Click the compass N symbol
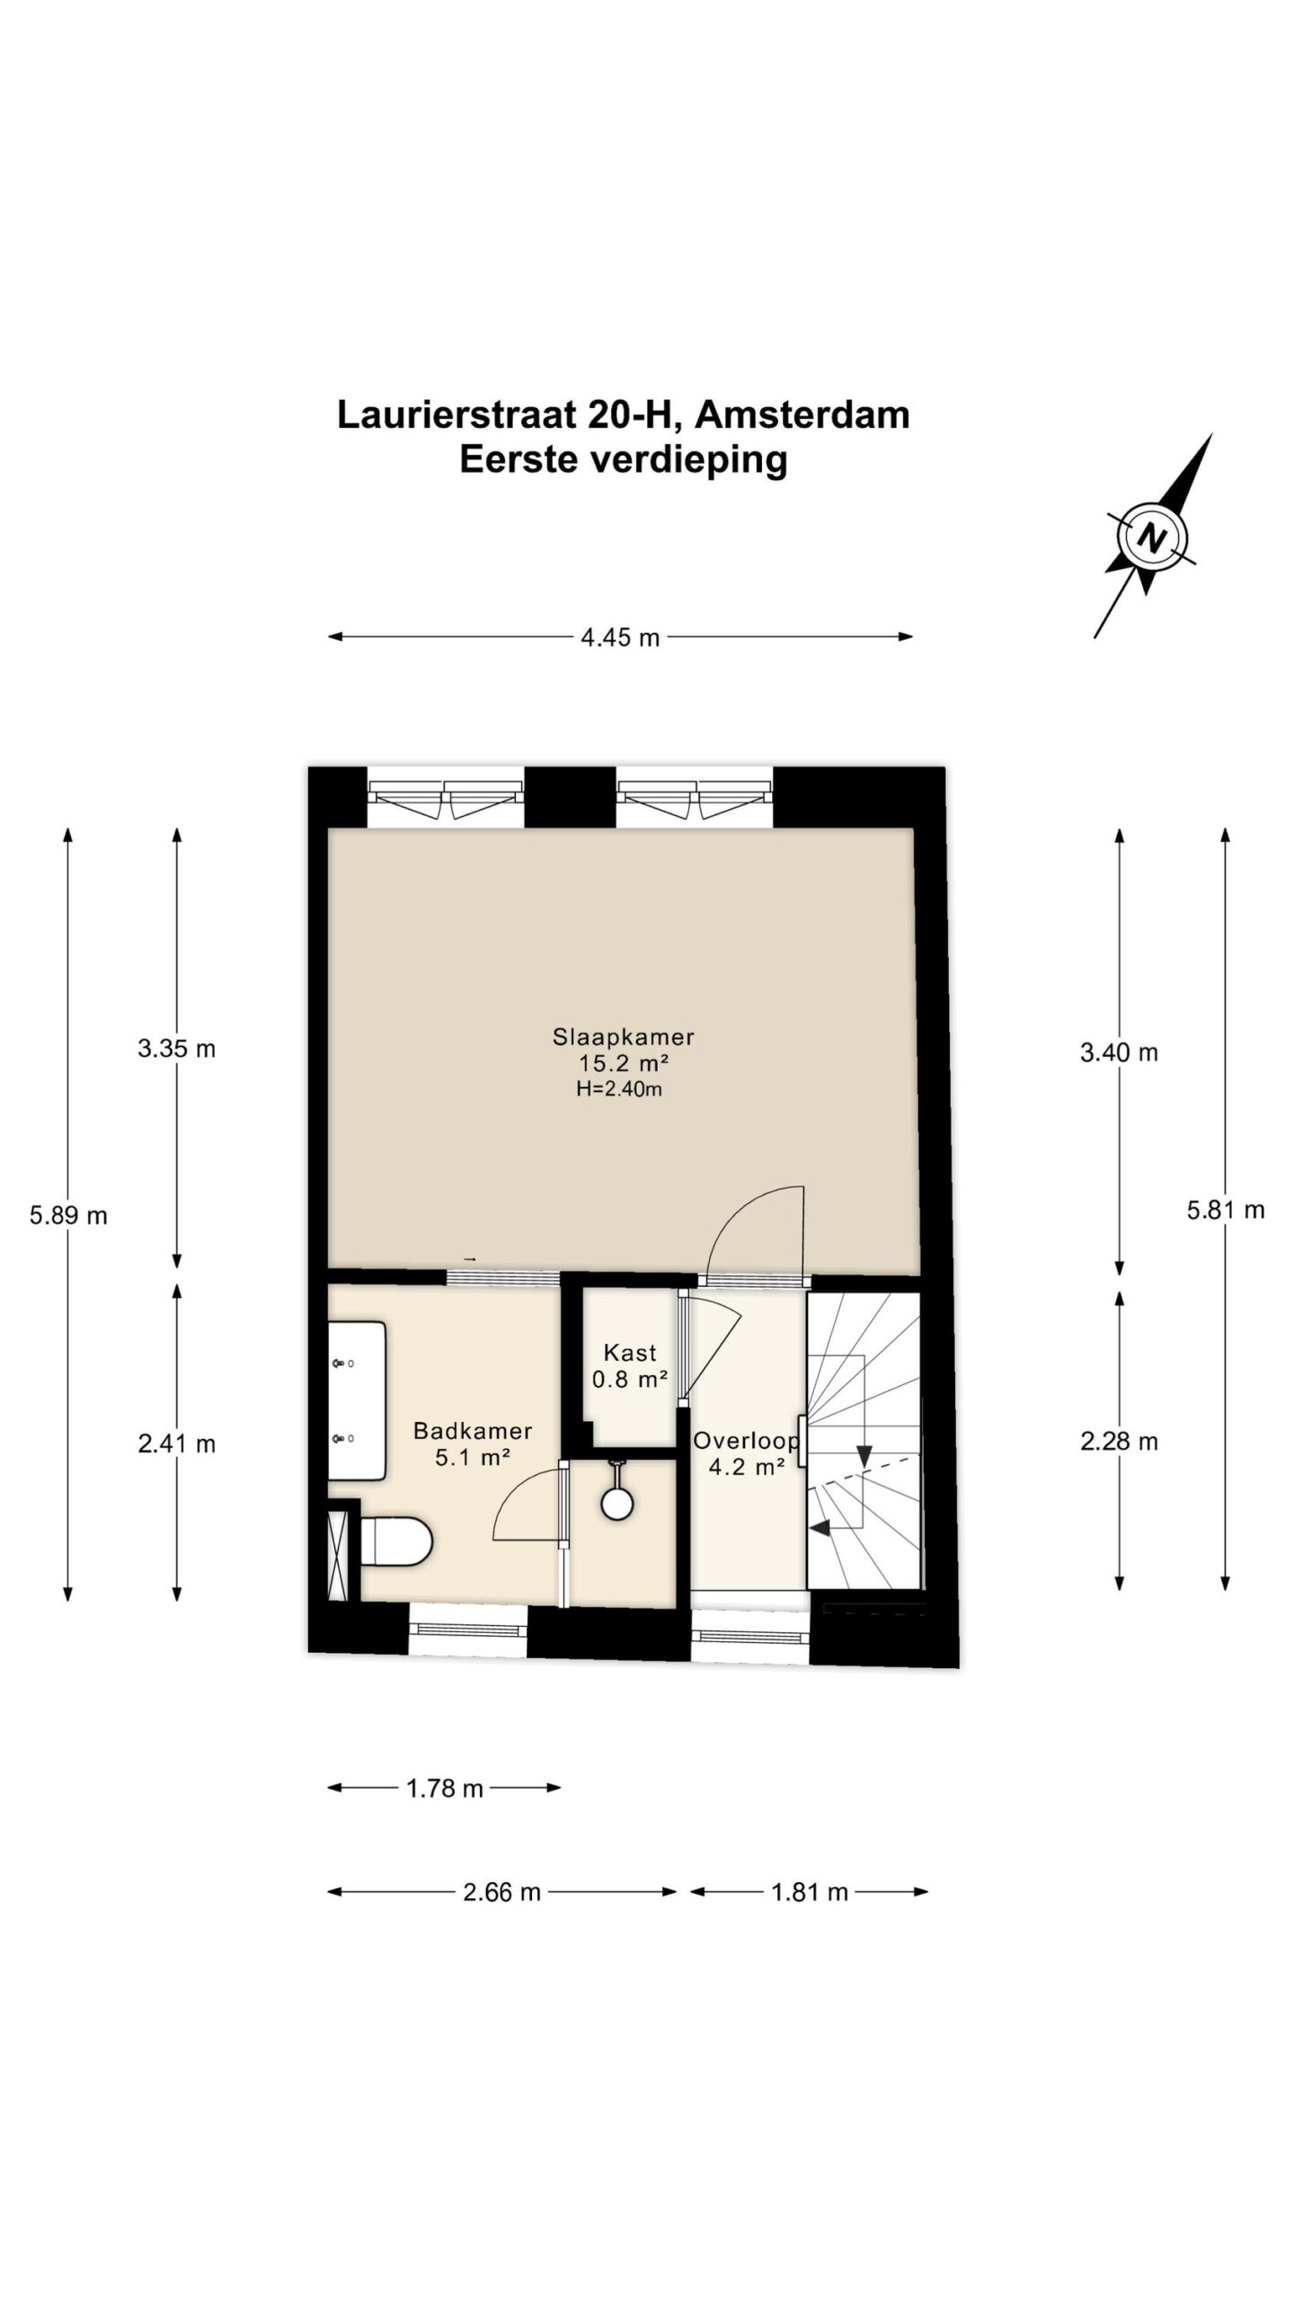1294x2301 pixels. pyautogui.click(x=1151, y=538)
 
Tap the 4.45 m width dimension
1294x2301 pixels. pyautogui.click(x=620, y=637)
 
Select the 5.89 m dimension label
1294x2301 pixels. pyautogui.click(x=68, y=1215)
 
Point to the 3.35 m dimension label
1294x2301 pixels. pyautogui.click(x=177, y=1048)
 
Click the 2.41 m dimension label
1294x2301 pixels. pyautogui.click(x=177, y=1444)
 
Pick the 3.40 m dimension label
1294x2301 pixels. pyautogui.click(x=1119, y=1052)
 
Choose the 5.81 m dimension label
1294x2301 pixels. pyautogui.click(x=1226, y=1210)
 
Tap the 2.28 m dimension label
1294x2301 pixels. pyautogui.click(x=1119, y=1442)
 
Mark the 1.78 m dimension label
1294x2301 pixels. pyautogui.click(x=445, y=1789)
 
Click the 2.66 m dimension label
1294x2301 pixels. pyautogui.click(x=501, y=1892)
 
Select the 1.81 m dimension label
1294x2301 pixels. pyautogui.click(x=810, y=1892)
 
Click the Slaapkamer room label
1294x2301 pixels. pyautogui.click(x=623, y=1036)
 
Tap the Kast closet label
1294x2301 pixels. pyautogui.click(x=630, y=1352)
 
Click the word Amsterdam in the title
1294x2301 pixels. pyautogui.click(x=802, y=415)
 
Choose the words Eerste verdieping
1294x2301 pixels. pyautogui.click(x=624, y=459)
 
